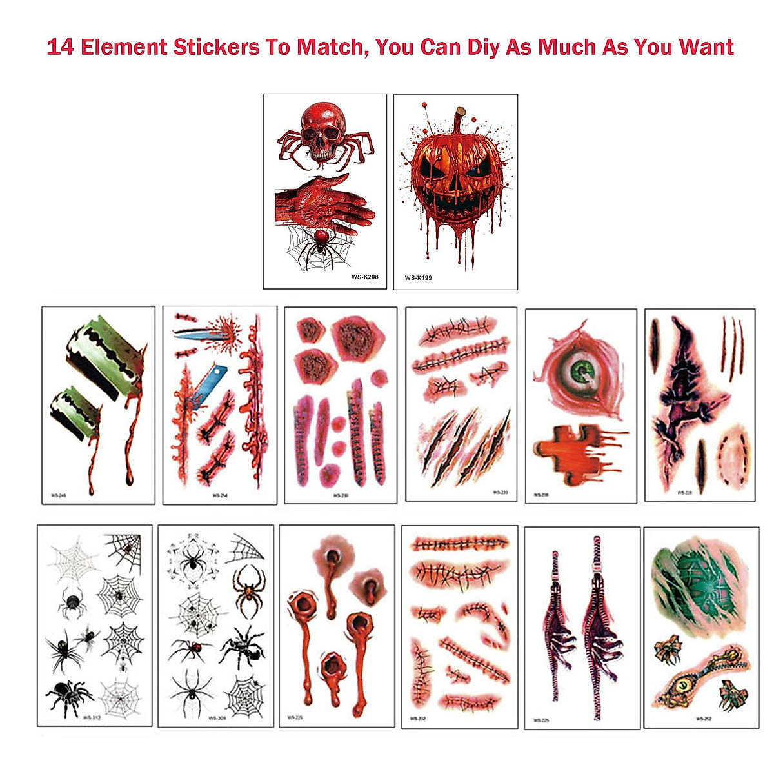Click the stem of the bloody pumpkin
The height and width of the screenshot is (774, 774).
coord(461,120)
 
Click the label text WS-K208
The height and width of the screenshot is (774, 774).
coord(364,277)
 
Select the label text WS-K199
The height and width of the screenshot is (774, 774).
coord(418,278)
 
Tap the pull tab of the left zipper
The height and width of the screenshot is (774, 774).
coord(554,558)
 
